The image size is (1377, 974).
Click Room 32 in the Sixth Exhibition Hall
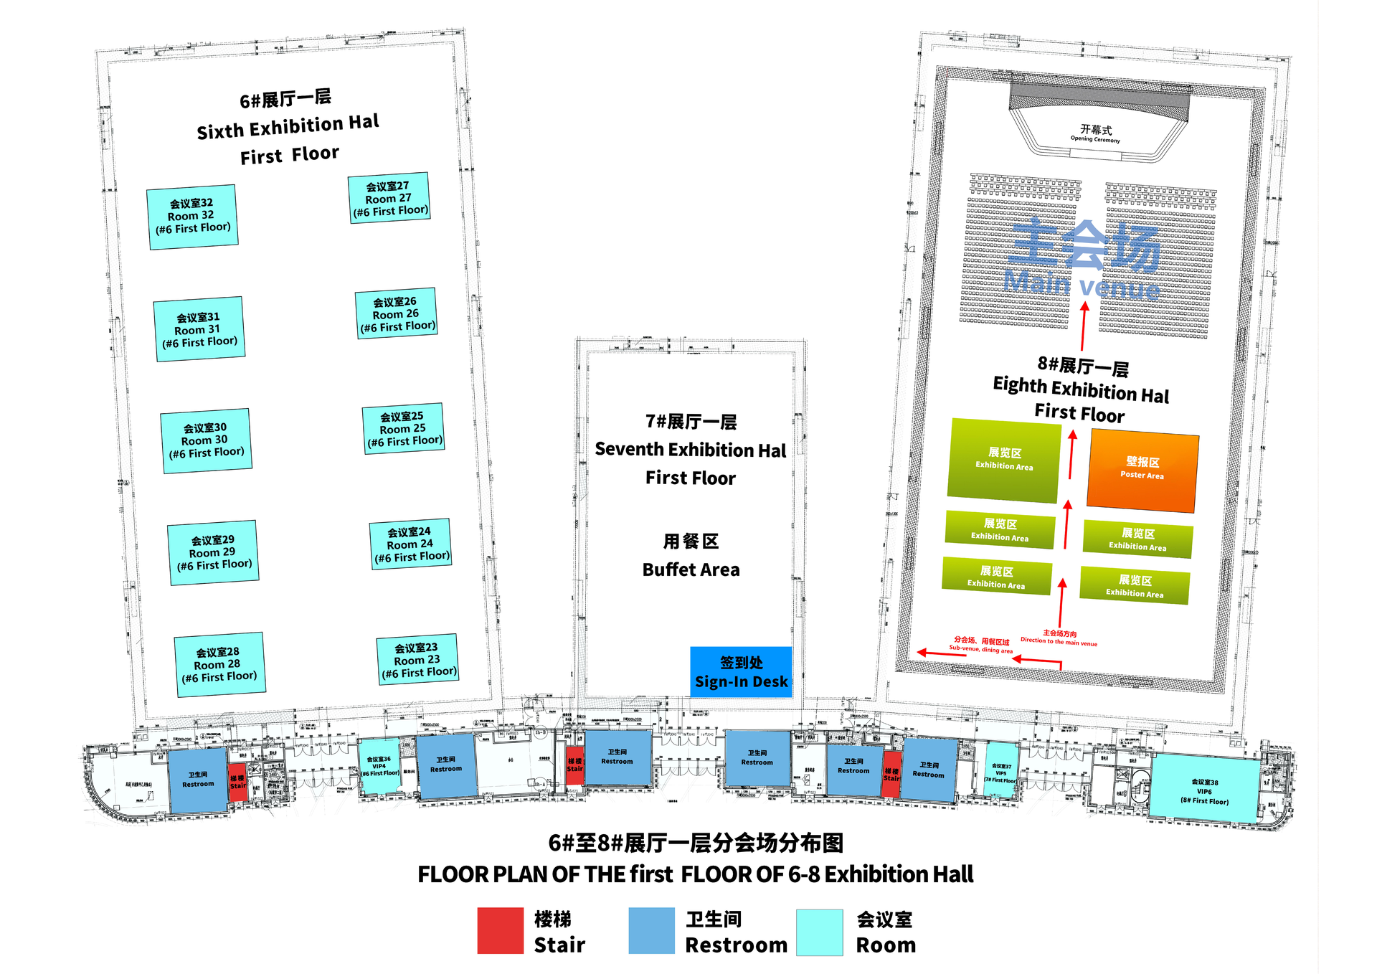192,216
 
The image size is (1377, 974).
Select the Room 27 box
389,198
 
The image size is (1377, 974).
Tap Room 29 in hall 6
213,552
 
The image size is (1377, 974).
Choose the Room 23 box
417,660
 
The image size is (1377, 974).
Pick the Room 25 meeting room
403,429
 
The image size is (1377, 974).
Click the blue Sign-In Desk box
741,672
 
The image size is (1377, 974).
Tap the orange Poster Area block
1142,470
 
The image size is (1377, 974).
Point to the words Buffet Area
691,569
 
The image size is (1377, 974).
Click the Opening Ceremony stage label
1095,133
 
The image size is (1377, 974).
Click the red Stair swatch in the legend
500,931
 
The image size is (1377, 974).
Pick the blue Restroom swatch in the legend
651,931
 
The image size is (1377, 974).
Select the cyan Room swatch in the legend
819,932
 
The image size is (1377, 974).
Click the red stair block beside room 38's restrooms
891,774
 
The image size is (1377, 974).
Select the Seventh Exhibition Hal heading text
690,450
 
